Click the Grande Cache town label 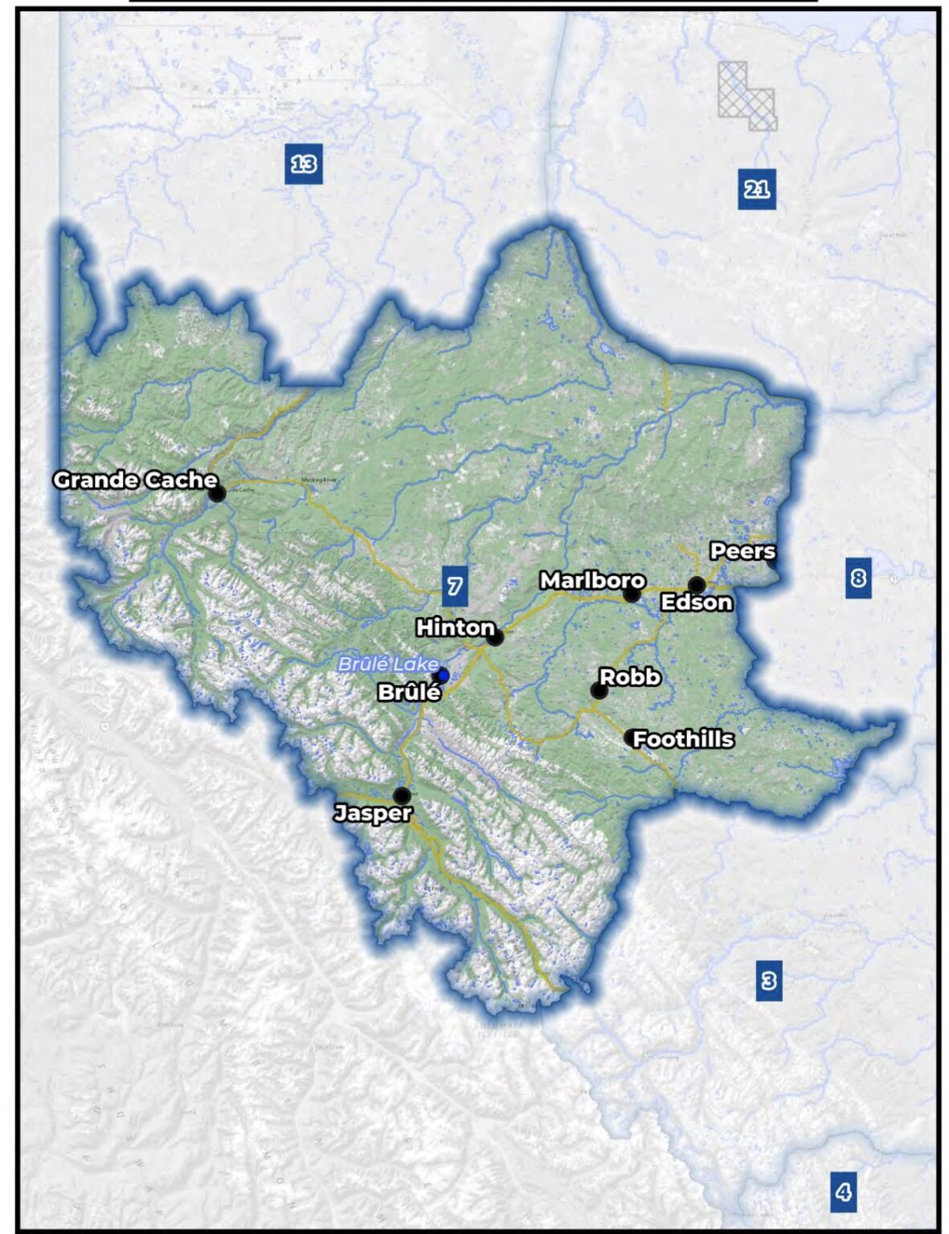[x=135, y=480]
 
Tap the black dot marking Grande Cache [x=217, y=493]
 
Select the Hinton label [x=455, y=627]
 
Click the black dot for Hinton [x=496, y=637]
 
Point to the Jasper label [x=373, y=813]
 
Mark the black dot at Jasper [x=402, y=795]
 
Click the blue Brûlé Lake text [x=388, y=664]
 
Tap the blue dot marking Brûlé [x=443, y=675]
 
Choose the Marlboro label [x=592, y=580]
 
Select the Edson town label [x=696, y=603]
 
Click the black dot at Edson [x=697, y=585]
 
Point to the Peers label [x=742, y=551]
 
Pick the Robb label [x=630, y=677]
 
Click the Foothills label [x=683, y=739]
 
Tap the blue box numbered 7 [x=455, y=586]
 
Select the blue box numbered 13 [x=303, y=164]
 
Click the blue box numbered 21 [x=756, y=190]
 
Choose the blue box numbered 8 [x=858, y=578]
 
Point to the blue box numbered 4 [x=843, y=1192]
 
